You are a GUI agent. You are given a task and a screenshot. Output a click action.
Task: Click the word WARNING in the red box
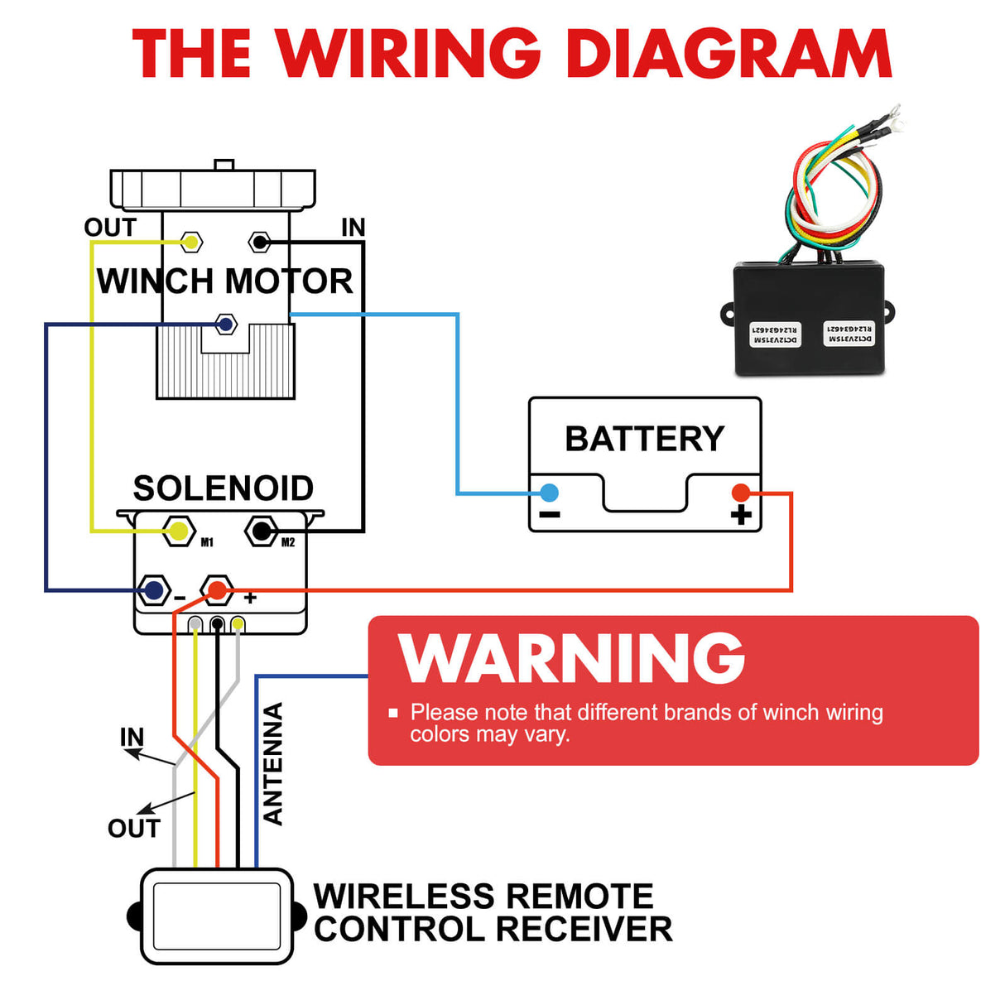(x=571, y=658)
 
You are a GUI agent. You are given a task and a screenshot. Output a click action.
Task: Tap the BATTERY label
(x=644, y=439)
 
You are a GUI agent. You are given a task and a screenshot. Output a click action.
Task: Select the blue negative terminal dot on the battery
(x=549, y=493)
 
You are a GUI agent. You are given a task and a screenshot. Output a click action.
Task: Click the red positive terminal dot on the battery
(x=741, y=493)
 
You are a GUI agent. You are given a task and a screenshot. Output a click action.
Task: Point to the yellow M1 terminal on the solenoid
(x=178, y=531)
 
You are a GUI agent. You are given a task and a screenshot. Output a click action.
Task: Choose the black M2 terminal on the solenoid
(x=262, y=531)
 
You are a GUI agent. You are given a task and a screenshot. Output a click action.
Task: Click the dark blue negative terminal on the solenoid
(x=153, y=590)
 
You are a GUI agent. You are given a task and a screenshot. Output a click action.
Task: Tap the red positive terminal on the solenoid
(x=217, y=590)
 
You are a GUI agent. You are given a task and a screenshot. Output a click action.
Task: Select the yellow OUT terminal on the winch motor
(x=191, y=243)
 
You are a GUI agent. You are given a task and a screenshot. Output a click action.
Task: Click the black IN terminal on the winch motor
(x=260, y=243)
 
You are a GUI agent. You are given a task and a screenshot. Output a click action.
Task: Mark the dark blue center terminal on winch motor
(x=225, y=324)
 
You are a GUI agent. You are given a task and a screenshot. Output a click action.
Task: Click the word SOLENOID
(x=223, y=488)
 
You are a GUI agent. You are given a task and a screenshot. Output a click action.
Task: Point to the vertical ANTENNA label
(x=273, y=763)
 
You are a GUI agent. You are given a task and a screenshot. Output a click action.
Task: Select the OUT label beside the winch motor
(x=110, y=228)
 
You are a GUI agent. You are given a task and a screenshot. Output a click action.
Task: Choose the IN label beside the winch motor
(x=353, y=228)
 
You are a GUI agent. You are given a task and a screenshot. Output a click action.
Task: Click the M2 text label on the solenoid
(x=288, y=543)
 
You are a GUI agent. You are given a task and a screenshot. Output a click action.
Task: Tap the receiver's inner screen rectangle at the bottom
(x=217, y=916)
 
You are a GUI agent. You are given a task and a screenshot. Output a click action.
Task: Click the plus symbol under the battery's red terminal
(x=741, y=516)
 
